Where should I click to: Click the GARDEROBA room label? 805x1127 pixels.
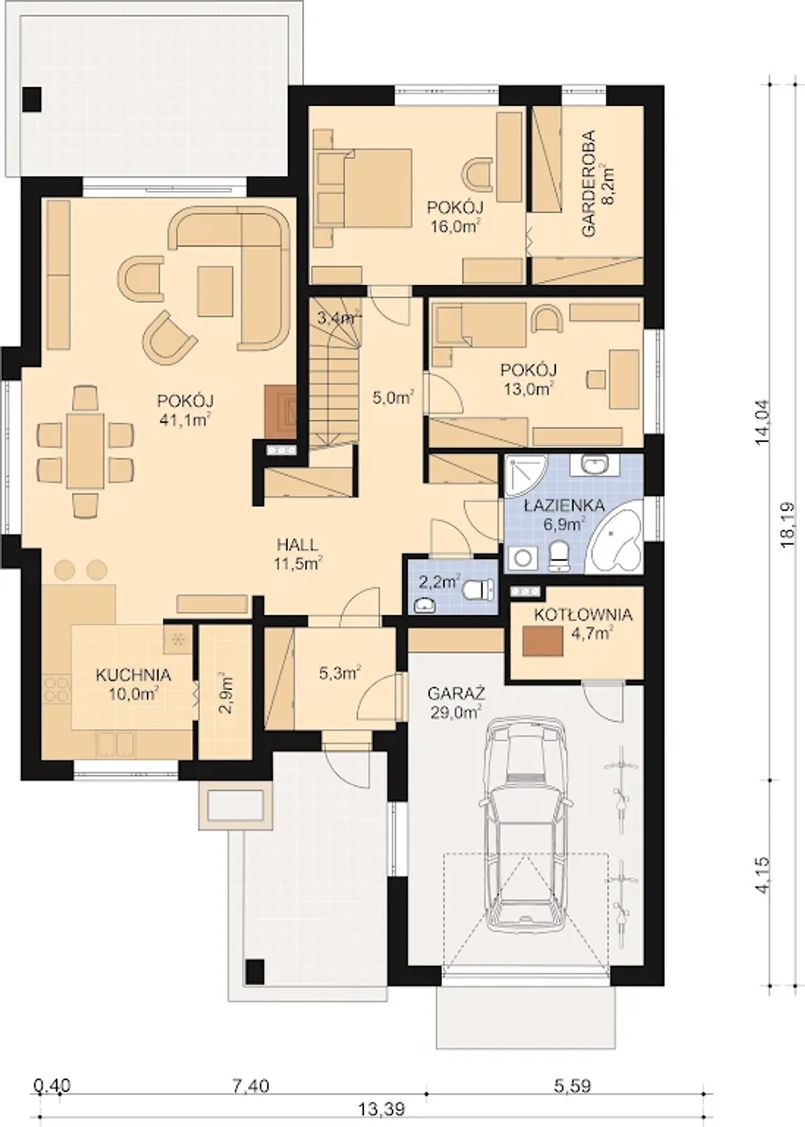point(589,182)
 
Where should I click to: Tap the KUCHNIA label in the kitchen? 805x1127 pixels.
point(133,675)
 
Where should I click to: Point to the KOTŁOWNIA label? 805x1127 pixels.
point(583,615)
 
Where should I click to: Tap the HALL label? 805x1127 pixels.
point(297,545)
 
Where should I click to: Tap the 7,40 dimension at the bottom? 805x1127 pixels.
point(251,1085)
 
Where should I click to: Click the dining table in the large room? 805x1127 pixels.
point(86,451)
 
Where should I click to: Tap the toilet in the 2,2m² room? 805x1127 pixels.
point(479,590)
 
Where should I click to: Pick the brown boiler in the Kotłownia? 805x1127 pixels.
point(543,643)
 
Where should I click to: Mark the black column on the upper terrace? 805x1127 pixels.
point(31,99)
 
